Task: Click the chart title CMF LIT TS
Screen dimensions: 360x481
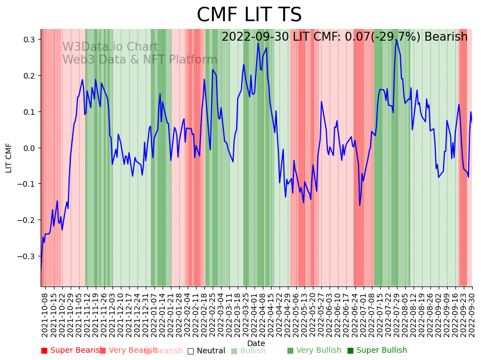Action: pos(249,15)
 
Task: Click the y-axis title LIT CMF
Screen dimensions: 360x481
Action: pos(9,158)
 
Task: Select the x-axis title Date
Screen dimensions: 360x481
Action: pos(256,343)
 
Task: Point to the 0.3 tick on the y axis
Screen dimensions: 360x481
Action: pos(28,40)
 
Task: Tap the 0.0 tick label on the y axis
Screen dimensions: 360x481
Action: pos(28,148)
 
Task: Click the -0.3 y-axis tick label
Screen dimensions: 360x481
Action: pos(27,256)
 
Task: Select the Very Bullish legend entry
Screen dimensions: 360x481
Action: pos(315,351)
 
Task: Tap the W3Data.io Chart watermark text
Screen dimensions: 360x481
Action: pos(110,47)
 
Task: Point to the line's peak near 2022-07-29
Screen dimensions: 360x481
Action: pos(396,40)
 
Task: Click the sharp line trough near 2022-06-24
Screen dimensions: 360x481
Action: pos(360,205)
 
